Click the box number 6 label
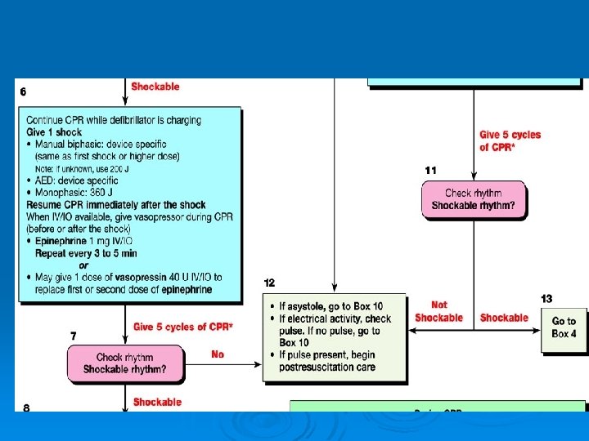[23, 92]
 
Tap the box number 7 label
[74, 336]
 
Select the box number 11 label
[431, 170]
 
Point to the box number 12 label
[270, 283]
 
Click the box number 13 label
[546, 299]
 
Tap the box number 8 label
[26, 408]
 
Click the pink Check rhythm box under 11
[474, 200]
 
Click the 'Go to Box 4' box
[564, 327]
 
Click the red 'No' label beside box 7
[217, 354]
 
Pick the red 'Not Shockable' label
[438, 311]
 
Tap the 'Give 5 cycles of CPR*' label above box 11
[510, 140]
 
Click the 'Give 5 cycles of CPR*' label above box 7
[182, 327]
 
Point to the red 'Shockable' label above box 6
[155, 87]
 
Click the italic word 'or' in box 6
[83, 265]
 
